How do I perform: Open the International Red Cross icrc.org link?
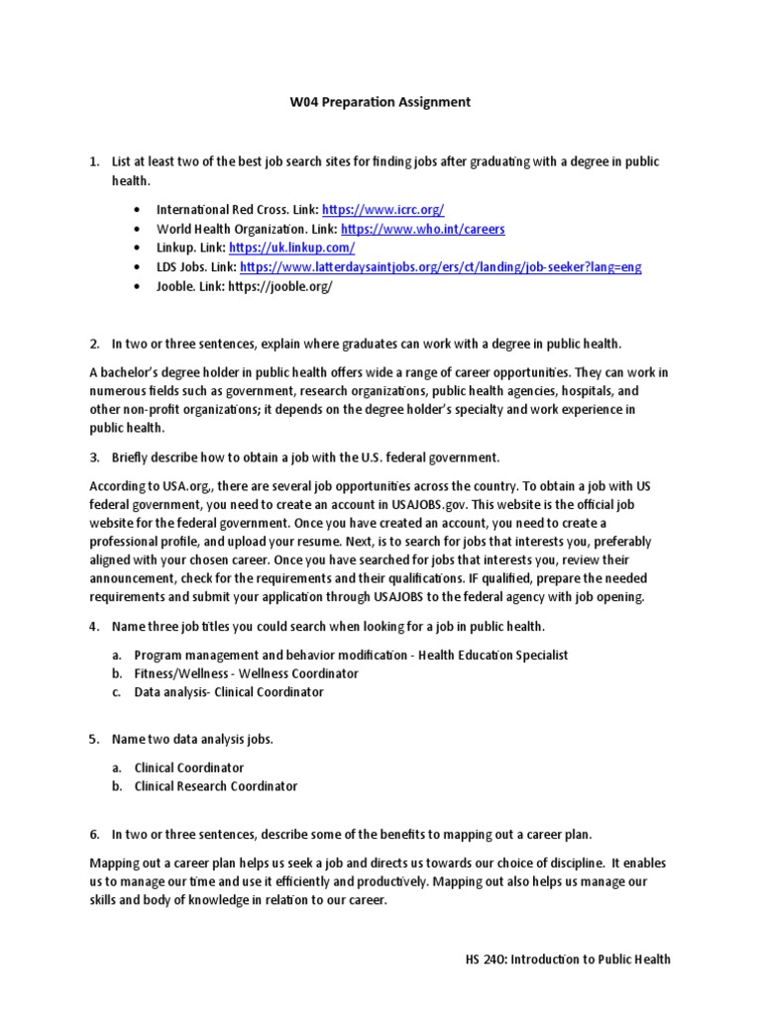point(383,210)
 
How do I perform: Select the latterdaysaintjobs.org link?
point(440,267)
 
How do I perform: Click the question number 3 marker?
point(94,457)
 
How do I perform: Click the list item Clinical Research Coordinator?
point(215,786)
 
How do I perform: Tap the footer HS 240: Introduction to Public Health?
point(568,959)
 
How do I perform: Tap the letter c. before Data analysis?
point(116,692)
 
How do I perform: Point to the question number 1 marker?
point(94,161)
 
